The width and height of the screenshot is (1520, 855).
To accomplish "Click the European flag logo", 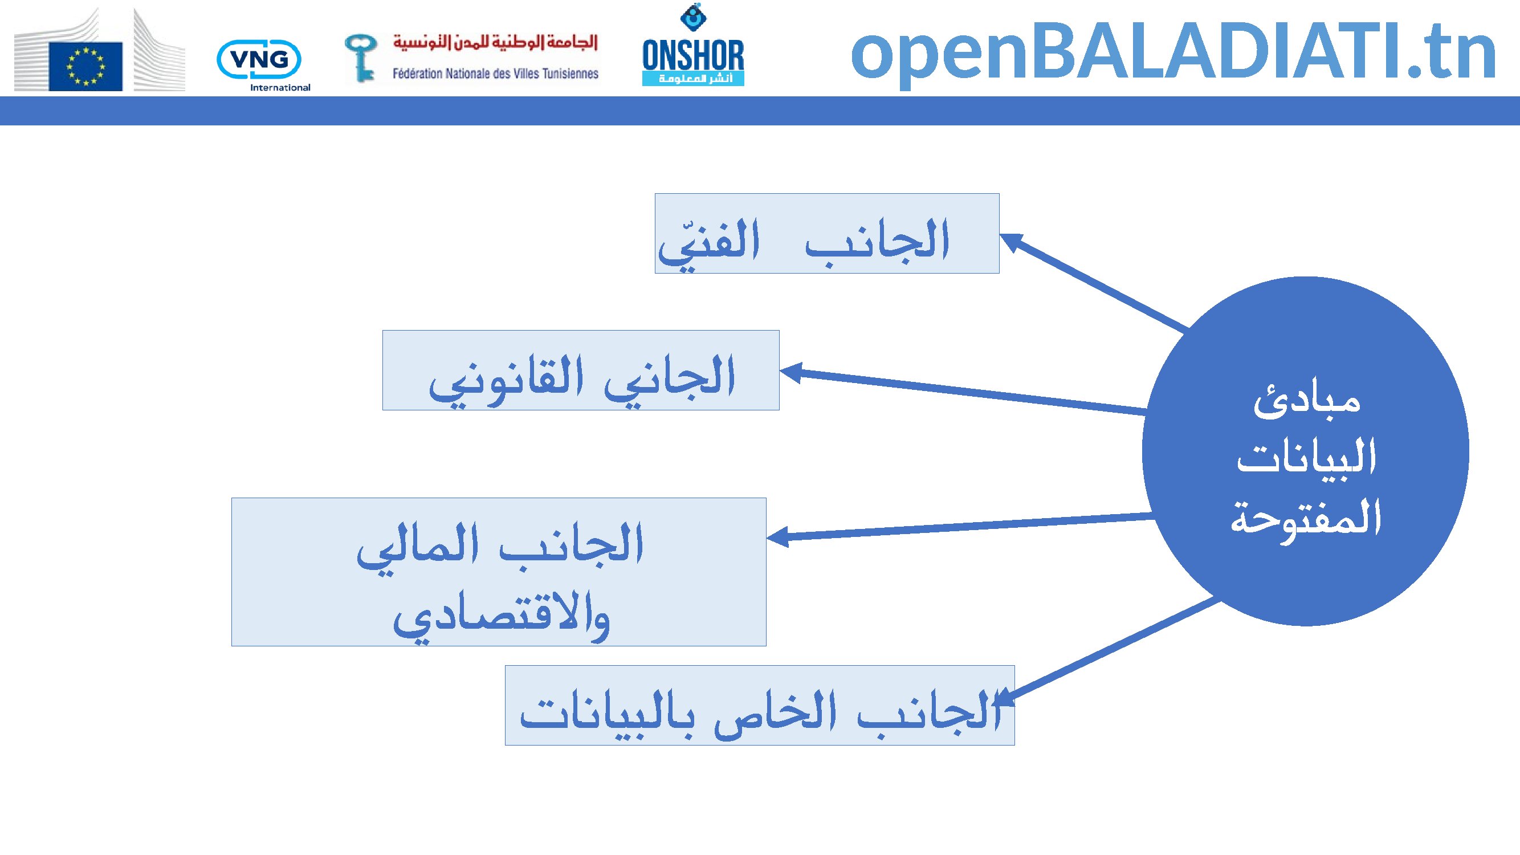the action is click(x=85, y=66).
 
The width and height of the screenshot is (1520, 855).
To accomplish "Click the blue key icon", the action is click(x=361, y=57).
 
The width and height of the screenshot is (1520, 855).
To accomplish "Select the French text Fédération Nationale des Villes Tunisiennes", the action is click(x=496, y=74).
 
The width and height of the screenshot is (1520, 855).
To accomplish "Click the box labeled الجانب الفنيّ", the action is click(x=826, y=233).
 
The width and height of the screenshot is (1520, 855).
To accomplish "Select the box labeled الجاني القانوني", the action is click(x=581, y=370).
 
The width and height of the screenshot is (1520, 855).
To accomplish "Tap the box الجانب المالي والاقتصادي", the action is click(x=499, y=572).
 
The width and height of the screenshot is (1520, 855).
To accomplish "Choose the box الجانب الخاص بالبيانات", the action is click(x=759, y=705).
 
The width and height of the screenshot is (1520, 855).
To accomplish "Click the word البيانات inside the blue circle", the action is click(x=1306, y=457).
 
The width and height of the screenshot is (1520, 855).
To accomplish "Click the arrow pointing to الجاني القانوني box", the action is click(x=963, y=390).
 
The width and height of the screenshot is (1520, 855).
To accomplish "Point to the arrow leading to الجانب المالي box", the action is click(x=959, y=527).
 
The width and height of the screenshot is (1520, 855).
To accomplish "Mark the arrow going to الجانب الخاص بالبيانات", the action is click(x=1107, y=650).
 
